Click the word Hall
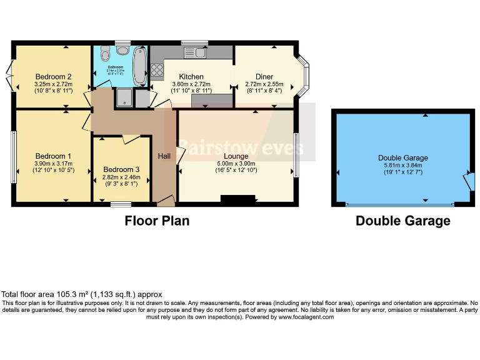[x=164, y=156]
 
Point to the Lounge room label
[x=236, y=156]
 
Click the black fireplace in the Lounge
[x=238, y=199]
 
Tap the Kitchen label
[x=191, y=76]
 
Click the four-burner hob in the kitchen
[x=156, y=69]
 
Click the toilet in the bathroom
[x=104, y=52]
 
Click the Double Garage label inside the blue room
[x=402, y=157]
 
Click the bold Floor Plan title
[x=157, y=221]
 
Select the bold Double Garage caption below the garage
[x=402, y=221]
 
